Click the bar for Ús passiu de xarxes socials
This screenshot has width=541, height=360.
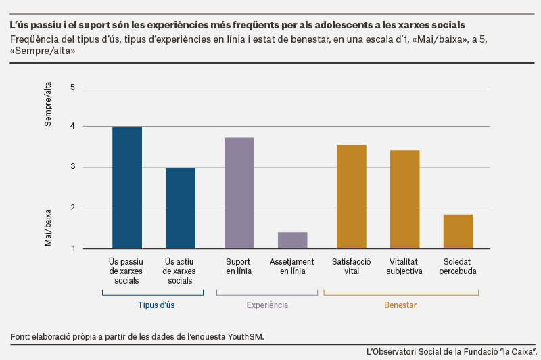coord(127,187)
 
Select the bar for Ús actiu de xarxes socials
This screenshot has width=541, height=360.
coord(181,208)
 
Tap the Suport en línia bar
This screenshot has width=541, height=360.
coord(239,194)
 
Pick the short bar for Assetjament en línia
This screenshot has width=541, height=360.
coord(293,240)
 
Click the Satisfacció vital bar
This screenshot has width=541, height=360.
coord(352,197)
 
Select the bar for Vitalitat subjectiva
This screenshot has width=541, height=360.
coord(404,200)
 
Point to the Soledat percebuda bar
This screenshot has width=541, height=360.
coord(458,231)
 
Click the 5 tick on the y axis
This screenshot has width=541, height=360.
coord(72,87)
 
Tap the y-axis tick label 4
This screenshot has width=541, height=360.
coord(72,126)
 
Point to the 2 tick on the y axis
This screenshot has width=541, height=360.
coord(73,208)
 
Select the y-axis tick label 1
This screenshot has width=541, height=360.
coord(73,248)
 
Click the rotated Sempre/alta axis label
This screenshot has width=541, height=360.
coord(47,104)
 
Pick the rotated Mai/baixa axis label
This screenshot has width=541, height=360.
coord(47,228)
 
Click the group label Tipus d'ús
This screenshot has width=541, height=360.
coord(156,305)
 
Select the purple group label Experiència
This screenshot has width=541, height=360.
coord(267,305)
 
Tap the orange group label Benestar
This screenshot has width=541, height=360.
coord(400,305)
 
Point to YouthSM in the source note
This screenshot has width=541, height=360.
coord(245,336)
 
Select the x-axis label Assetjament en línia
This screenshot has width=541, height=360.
coord(292,267)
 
